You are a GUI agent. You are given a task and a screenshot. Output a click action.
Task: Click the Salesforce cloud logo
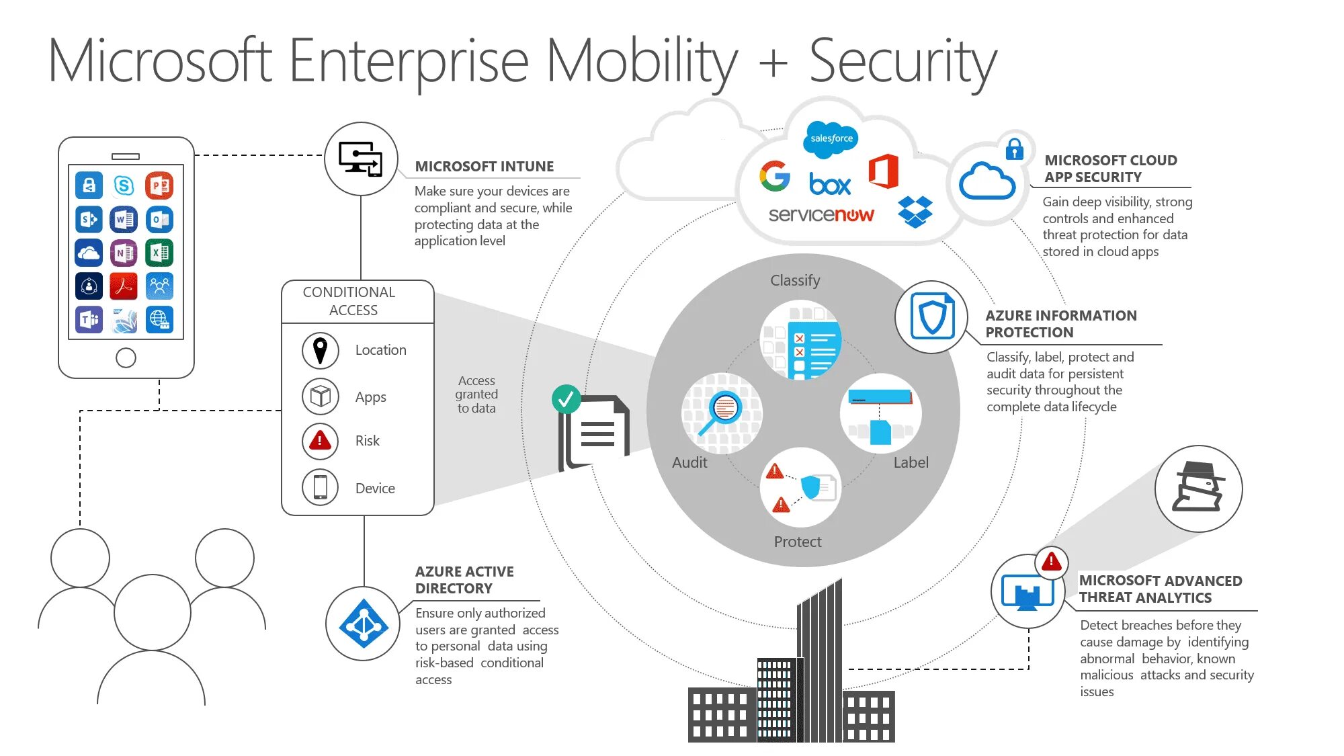click(831, 138)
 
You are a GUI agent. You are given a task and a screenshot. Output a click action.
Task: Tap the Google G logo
click(775, 176)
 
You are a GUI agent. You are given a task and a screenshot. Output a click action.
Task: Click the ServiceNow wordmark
click(821, 215)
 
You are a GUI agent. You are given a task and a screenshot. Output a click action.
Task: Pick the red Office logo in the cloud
click(884, 171)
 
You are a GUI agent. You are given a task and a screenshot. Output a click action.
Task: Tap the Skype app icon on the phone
click(124, 185)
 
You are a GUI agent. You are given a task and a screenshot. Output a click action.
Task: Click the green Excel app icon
click(159, 253)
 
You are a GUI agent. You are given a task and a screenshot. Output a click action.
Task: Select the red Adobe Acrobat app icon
click(124, 286)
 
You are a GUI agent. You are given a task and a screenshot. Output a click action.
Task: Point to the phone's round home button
click(126, 358)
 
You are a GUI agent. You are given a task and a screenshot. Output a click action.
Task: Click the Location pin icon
click(321, 350)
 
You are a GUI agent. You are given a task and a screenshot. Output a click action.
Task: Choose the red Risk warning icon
click(320, 441)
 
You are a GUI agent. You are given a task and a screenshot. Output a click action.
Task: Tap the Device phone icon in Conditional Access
click(321, 487)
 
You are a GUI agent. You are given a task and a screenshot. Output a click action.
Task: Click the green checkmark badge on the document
click(566, 399)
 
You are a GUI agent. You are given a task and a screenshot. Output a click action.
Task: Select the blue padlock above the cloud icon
click(1014, 149)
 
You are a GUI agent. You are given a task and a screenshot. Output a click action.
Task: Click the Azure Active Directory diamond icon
click(364, 624)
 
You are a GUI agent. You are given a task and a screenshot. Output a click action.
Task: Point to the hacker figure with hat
click(1198, 488)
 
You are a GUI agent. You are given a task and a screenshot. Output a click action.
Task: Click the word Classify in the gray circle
click(795, 280)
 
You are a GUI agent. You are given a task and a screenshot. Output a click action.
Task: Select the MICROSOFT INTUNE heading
click(484, 167)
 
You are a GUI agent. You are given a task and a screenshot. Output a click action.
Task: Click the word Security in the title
click(902, 62)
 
